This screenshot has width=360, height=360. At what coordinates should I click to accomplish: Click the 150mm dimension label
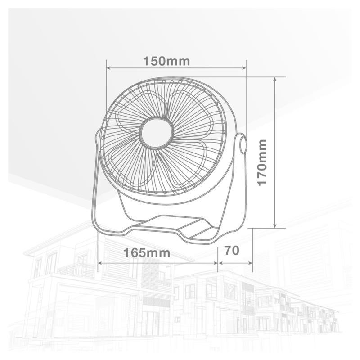pos(166,61)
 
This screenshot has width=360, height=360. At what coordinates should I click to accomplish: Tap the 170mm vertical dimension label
pos(262,162)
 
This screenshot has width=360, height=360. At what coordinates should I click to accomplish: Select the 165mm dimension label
pos(147,253)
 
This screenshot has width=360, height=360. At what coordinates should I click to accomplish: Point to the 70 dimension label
pos(232,250)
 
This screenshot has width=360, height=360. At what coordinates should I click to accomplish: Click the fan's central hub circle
pos(156,133)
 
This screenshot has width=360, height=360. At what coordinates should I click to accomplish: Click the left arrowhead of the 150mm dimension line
pos(109,68)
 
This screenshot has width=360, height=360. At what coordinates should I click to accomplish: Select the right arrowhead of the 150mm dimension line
pos(243,68)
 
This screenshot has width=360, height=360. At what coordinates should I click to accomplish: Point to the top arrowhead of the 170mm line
pos(275,80)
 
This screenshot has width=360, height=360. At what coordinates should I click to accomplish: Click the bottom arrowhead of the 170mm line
pos(275,225)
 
